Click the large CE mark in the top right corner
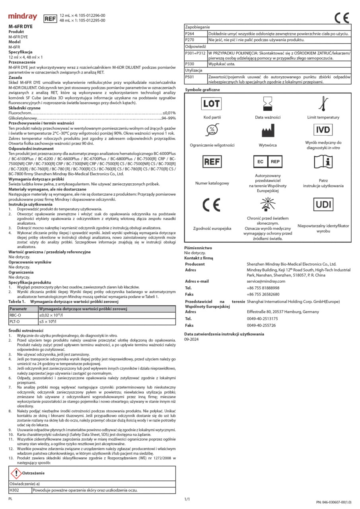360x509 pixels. point(341,17)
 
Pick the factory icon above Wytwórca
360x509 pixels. point(267,132)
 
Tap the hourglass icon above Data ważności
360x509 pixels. point(267,105)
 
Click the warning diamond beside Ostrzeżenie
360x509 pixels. point(16,473)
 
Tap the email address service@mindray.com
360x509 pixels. point(266,281)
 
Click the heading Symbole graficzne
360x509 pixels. point(202,90)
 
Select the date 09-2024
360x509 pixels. point(191,340)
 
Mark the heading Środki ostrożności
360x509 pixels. point(25,331)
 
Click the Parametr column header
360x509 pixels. point(18,309)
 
